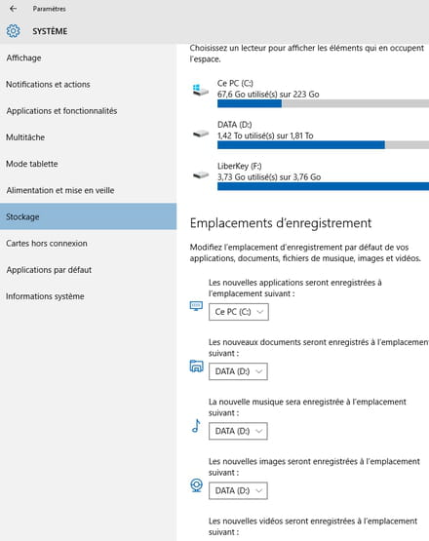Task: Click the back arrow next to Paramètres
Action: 13,9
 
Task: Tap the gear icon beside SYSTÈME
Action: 13,31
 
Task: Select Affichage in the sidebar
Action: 23,58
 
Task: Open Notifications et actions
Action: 48,84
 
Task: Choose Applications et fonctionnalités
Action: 61,111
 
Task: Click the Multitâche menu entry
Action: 25,137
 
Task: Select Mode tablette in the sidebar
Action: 32,164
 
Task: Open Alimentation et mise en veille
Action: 60,190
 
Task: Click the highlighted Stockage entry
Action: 22,216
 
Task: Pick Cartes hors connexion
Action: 47,244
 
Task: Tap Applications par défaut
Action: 49,270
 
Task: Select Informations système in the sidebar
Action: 45,296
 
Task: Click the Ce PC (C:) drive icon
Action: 201,90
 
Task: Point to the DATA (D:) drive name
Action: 235,125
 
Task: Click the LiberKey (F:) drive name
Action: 240,166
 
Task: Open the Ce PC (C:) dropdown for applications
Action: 239,312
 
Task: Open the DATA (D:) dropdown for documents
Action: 238,371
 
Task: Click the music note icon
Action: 196,426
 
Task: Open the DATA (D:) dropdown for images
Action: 238,490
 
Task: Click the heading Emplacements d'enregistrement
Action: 281,223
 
